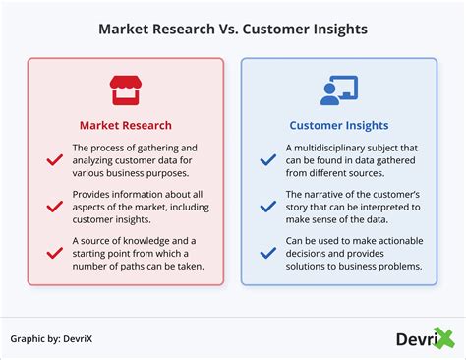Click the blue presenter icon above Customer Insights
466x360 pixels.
coord(338,90)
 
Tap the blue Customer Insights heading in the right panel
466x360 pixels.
coord(338,125)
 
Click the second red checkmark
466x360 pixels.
coord(53,208)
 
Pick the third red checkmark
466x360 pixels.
coord(53,254)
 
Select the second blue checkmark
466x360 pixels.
coord(266,208)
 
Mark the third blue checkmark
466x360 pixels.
coord(266,254)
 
